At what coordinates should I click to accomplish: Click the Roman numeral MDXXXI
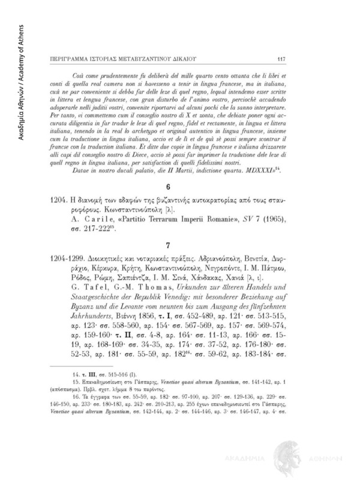click(x=249, y=171)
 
